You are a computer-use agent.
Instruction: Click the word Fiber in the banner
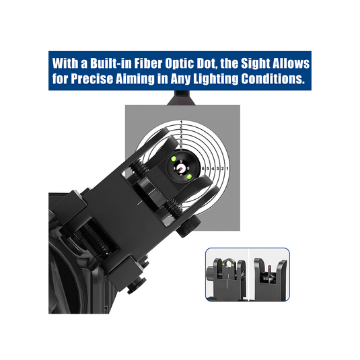pos(148,63)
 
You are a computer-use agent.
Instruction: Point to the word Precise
pos(92,79)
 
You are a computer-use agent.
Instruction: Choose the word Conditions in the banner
pos(273,79)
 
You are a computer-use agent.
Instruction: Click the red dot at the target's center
pos(181,168)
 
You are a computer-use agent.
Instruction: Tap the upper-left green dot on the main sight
pos(174,158)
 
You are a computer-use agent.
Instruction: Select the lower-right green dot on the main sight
pos(189,176)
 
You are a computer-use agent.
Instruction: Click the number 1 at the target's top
pos(182,122)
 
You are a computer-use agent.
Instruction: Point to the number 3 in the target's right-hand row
pos(217,168)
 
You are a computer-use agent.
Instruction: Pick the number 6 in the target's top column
pos(181,146)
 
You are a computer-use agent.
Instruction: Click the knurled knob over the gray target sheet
pos(188,226)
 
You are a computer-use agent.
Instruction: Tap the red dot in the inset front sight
pos(269,267)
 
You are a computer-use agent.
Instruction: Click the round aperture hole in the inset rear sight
pos(229,264)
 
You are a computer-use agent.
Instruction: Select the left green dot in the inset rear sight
pos(223,264)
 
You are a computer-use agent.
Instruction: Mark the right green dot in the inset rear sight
pos(233,265)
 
